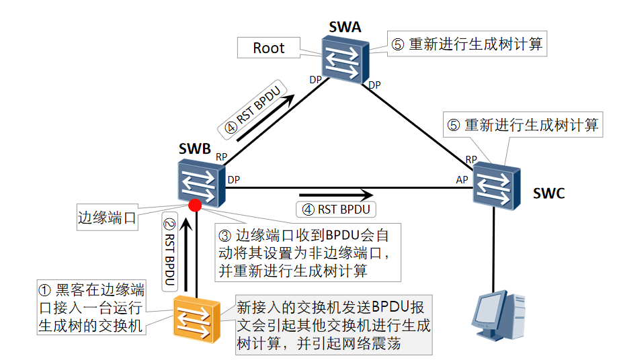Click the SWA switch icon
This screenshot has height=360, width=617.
344,59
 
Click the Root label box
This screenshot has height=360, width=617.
269,48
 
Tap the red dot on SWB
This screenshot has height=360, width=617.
196,205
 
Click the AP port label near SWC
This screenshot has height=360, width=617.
462,179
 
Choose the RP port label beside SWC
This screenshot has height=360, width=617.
471,159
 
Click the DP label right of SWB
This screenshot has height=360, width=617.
234,179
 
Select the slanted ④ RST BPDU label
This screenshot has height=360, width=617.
253,107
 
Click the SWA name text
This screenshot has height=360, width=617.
345,28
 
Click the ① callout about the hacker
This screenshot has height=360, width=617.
90,309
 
